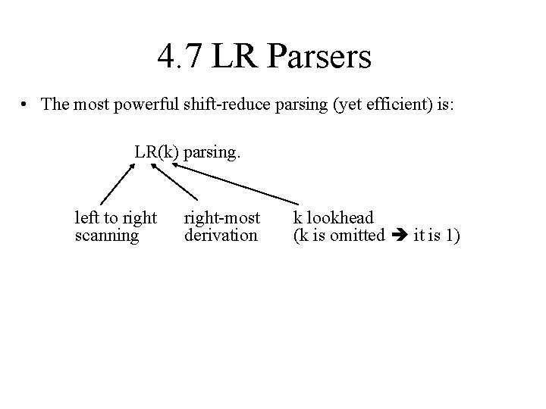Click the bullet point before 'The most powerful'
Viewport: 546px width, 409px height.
(x=27, y=104)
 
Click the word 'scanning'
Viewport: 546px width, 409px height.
(x=107, y=236)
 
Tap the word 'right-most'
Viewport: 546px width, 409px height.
(x=221, y=219)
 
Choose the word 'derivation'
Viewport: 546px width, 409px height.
(x=221, y=236)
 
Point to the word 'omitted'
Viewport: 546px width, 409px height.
(x=359, y=236)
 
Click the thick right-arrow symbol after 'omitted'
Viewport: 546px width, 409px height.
(x=399, y=236)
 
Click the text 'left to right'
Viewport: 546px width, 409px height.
(x=116, y=219)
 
